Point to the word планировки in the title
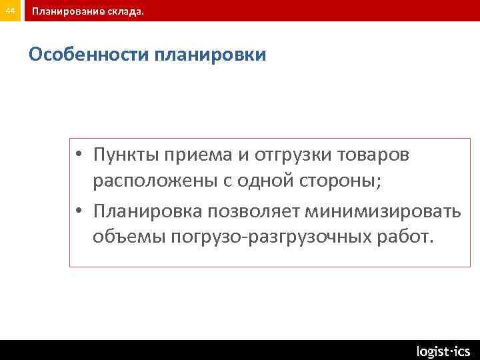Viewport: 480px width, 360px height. pyautogui.click(x=210, y=54)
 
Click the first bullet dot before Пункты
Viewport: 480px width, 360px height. pyautogui.click(x=79, y=155)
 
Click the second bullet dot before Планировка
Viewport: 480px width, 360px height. pyautogui.click(x=79, y=212)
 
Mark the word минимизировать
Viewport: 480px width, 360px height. pyautogui.click(x=383, y=211)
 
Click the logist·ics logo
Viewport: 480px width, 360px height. pyautogui.click(x=443, y=351)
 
